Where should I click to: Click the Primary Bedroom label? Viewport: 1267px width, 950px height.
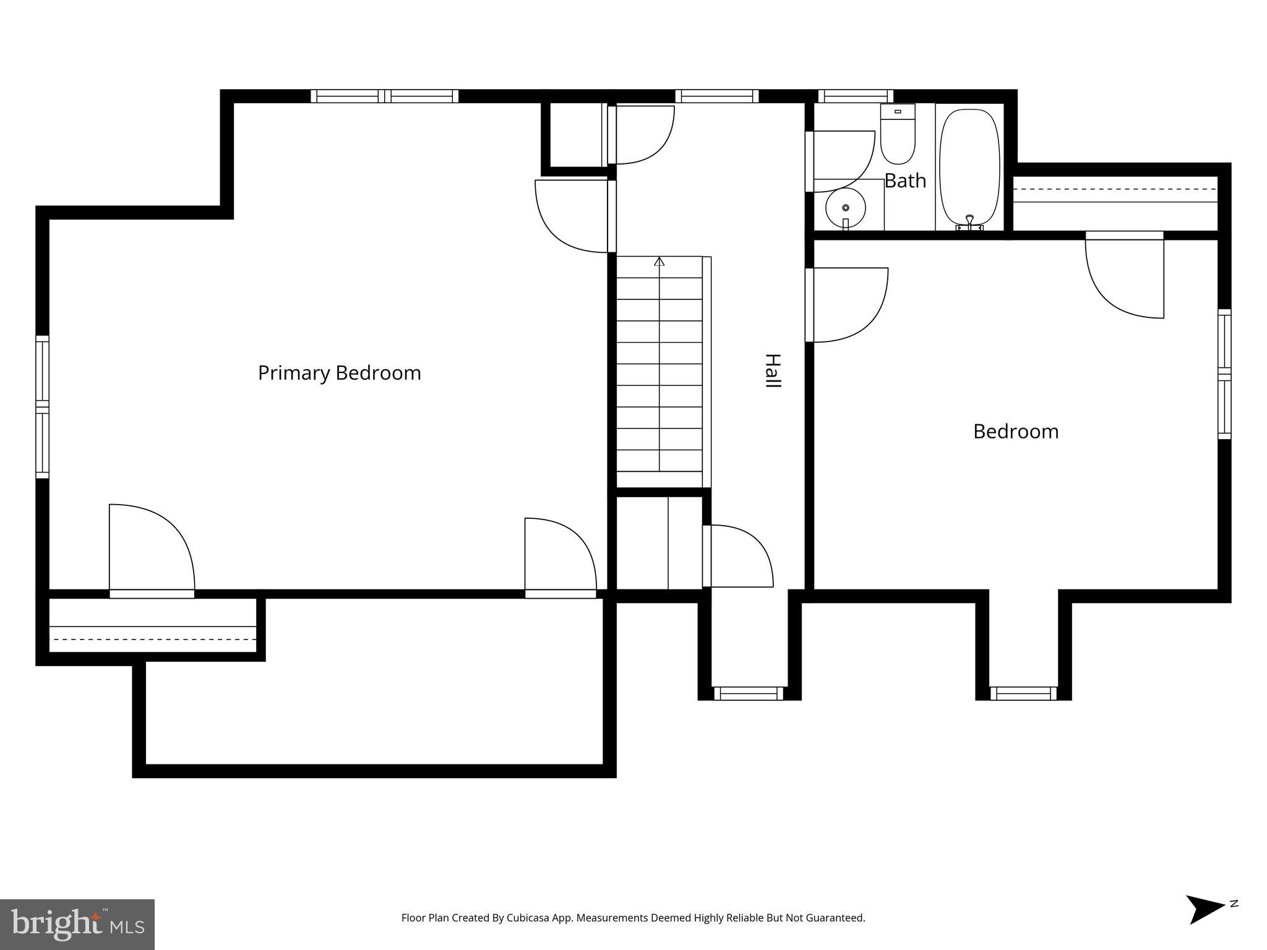point(339,373)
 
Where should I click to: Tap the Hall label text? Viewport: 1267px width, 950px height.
point(773,371)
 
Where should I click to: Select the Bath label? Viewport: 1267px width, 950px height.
point(905,181)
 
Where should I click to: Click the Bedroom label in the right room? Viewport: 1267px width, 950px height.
point(1016,431)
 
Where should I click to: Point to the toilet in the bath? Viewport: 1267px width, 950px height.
point(898,134)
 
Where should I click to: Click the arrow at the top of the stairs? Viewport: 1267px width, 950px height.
point(659,262)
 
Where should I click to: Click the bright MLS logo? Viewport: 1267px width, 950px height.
point(77,924)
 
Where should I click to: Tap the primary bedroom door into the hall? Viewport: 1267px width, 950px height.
point(572,216)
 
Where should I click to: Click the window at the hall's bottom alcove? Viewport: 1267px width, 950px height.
point(749,694)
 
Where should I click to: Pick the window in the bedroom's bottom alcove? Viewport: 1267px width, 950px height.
point(1023,694)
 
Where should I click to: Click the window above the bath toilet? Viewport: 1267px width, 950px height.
point(856,96)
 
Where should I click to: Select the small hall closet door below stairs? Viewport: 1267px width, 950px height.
point(739,555)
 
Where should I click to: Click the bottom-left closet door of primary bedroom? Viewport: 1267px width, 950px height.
point(152,550)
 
